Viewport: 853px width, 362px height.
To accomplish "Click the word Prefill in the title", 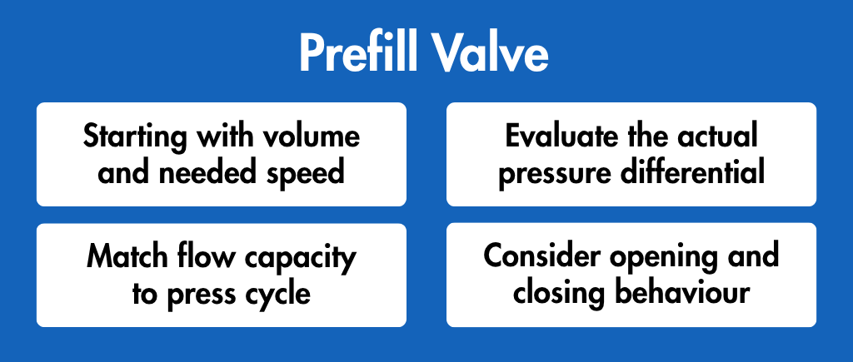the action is click(x=357, y=53).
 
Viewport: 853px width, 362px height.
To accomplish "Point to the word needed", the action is click(x=206, y=172).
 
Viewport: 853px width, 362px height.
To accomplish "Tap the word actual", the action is click(x=717, y=136).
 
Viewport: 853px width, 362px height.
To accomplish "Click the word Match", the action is click(x=121, y=256).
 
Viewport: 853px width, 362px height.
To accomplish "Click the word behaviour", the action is click(x=682, y=292).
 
